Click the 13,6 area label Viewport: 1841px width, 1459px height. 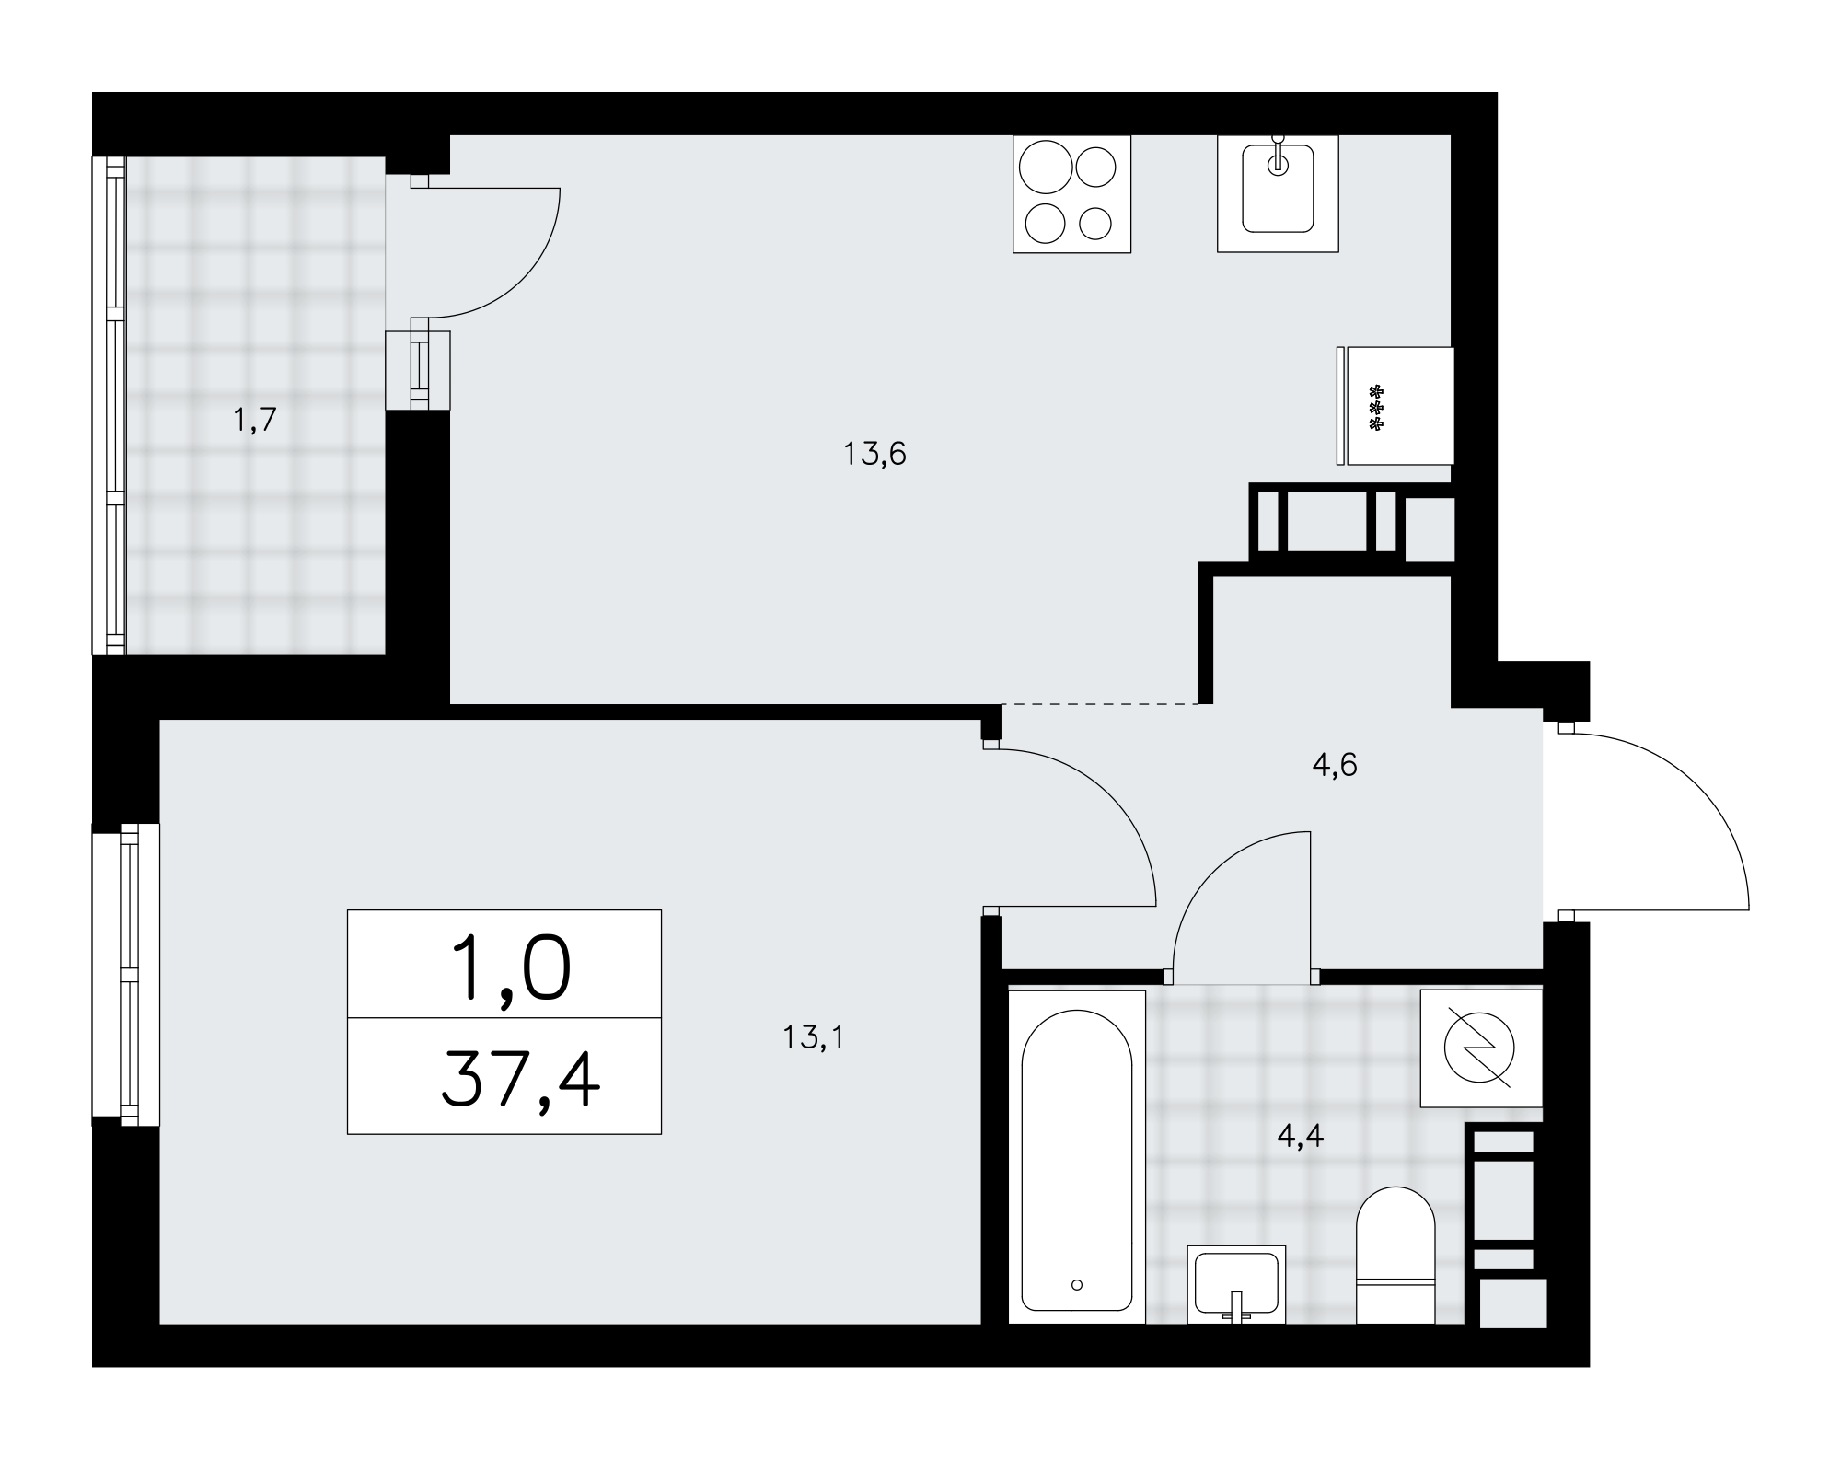875,454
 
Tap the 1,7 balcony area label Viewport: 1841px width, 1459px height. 254,421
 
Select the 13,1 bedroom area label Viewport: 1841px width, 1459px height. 813,1038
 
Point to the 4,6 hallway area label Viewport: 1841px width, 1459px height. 1335,765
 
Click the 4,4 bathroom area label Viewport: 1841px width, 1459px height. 1301,1137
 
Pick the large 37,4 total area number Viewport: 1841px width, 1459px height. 520,1083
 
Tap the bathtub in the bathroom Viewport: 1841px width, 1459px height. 1077,1157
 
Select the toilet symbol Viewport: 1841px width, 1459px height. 1395,1256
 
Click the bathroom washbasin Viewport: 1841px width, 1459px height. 1236,1284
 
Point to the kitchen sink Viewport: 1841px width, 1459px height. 1278,193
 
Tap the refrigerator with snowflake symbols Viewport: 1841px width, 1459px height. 1395,406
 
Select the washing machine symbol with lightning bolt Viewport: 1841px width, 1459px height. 1481,1048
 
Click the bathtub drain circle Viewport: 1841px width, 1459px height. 1077,1285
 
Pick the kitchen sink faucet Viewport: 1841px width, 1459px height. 1278,156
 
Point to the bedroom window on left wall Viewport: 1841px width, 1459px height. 126,975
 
